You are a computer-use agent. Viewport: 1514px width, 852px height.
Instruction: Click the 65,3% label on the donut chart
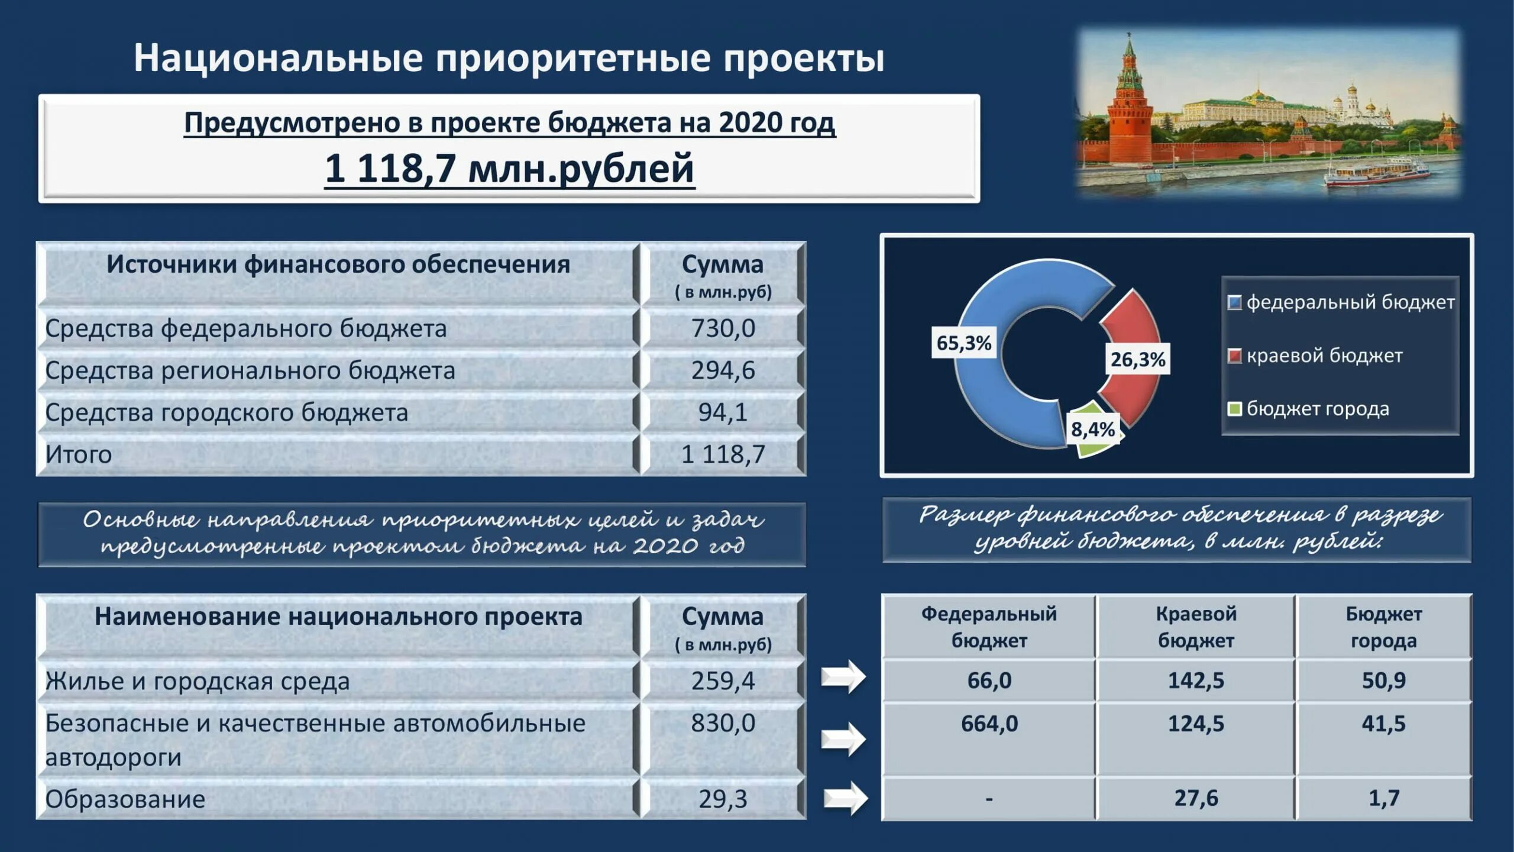pos(963,343)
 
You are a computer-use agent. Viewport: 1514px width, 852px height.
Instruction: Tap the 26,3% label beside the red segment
pos(1137,359)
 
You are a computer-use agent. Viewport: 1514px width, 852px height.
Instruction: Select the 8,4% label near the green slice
pos(1092,429)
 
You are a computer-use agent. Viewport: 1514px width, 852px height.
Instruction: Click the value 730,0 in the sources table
pos(723,328)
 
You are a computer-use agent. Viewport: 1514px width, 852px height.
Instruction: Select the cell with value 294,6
pos(723,370)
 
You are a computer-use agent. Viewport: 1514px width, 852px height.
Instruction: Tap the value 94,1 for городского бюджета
pos(723,412)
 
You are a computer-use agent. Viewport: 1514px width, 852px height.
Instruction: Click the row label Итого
pos(79,454)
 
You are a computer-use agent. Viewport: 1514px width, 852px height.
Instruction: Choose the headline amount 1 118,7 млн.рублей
pos(509,168)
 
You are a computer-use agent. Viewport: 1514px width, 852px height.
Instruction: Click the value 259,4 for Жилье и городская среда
pos(723,681)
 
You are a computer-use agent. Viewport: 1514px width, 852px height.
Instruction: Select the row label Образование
pos(125,799)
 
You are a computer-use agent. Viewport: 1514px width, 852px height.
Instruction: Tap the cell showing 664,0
pos(989,724)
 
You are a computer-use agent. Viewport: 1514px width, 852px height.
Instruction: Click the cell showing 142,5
pos(1195,680)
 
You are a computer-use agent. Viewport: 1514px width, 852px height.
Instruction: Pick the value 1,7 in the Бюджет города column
pos(1383,798)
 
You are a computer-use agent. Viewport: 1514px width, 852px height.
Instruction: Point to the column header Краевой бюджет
pos(1195,627)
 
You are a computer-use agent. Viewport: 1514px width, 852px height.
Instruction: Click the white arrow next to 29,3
pos(845,798)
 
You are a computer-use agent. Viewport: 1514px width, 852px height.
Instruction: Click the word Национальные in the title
pos(278,58)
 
